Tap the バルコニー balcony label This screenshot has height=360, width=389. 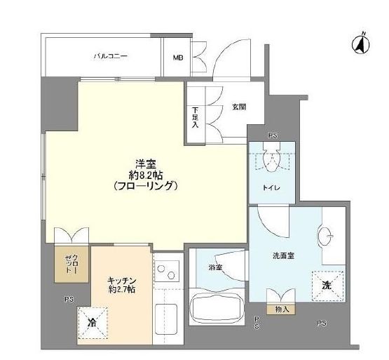[111, 57]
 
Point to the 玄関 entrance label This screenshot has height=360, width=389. [238, 107]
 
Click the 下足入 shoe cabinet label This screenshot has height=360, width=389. [194, 119]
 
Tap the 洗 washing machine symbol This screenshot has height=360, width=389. [327, 286]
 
